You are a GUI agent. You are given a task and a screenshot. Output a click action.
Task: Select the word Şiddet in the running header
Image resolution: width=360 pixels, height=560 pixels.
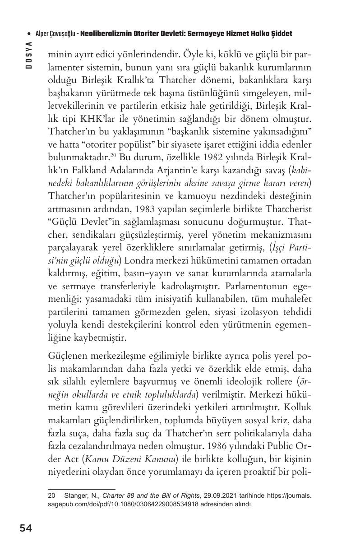(281, 34)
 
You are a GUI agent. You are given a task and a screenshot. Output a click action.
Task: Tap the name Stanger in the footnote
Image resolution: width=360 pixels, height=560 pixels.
(75, 495)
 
